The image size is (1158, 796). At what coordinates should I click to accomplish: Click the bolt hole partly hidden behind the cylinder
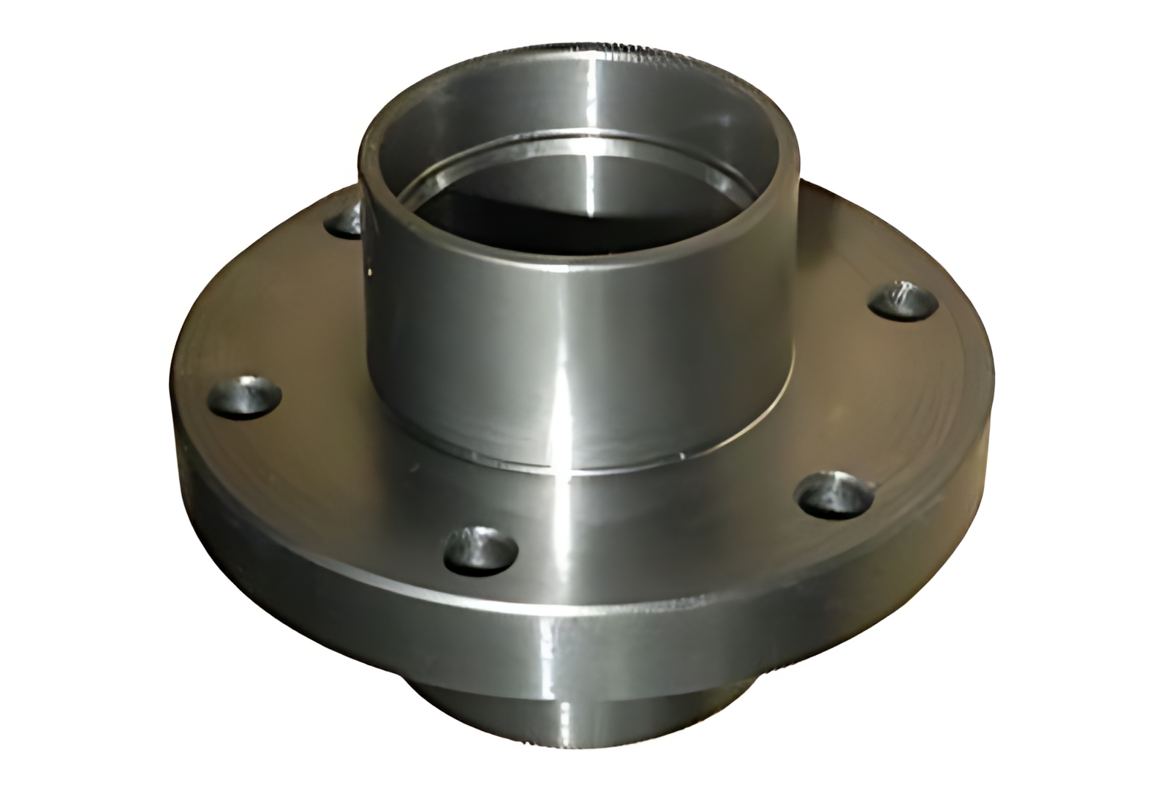(x=344, y=220)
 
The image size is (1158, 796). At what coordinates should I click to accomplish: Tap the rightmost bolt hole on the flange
(x=905, y=300)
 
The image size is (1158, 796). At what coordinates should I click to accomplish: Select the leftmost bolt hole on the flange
(x=245, y=397)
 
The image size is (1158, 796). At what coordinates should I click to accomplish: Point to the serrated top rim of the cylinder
(x=621, y=51)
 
